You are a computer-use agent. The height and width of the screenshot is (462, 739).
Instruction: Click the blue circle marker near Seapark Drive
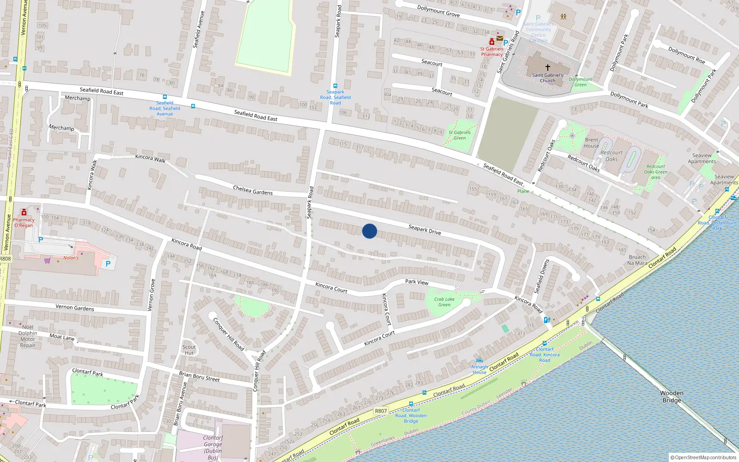pos(369,231)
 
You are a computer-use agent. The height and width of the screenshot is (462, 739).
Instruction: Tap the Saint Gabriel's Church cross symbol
pos(548,67)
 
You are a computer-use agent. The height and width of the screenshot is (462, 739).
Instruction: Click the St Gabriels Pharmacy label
pos(492,51)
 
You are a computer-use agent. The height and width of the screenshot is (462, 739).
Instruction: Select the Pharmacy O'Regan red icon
pos(24,212)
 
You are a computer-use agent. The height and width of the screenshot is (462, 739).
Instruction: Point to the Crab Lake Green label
pos(444,302)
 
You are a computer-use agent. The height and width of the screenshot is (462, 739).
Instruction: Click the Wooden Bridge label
pos(672,396)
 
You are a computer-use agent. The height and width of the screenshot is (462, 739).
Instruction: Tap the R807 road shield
pos(381,411)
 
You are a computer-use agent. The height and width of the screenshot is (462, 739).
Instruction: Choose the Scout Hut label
pos(189,350)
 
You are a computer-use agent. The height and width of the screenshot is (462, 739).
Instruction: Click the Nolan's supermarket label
pos(71,258)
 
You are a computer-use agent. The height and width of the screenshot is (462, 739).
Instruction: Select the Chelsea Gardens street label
pos(253,190)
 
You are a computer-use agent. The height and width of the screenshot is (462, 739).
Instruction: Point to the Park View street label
pos(417,282)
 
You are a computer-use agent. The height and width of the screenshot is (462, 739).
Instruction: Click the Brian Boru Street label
pos(200,376)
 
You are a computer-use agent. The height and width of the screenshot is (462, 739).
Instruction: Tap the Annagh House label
pos(479,369)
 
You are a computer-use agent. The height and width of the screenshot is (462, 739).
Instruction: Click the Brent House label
pos(592,143)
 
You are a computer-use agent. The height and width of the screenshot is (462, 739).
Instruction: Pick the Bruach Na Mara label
pos(637,260)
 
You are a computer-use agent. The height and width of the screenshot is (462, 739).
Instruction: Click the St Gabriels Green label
pos(460,135)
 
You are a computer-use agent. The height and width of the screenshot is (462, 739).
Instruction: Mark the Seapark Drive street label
pos(424,229)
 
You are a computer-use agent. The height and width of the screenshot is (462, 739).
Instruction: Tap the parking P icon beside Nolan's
pos(108,264)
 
